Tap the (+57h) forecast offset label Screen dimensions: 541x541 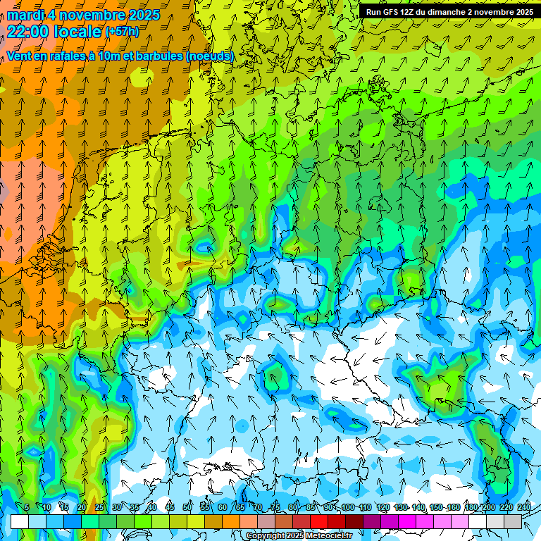(x=122, y=31)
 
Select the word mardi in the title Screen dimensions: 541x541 (x=27, y=15)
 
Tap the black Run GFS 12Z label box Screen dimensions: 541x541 (x=448, y=12)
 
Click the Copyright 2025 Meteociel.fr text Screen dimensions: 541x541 (x=299, y=535)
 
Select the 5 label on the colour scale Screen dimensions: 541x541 (x=27, y=507)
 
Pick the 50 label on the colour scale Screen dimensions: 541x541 (x=187, y=507)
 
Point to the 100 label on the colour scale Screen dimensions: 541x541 (x=347, y=507)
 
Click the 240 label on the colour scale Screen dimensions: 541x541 (x=523, y=507)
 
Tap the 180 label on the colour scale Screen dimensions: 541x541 (x=471, y=507)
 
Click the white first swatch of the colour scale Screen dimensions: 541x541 (x=19, y=521)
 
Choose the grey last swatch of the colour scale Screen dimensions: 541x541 (x=514, y=521)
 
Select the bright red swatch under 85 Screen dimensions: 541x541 (x=319, y=521)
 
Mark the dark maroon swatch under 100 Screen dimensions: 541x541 (x=354, y=521)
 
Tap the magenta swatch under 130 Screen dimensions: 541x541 (x=407, y=521)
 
